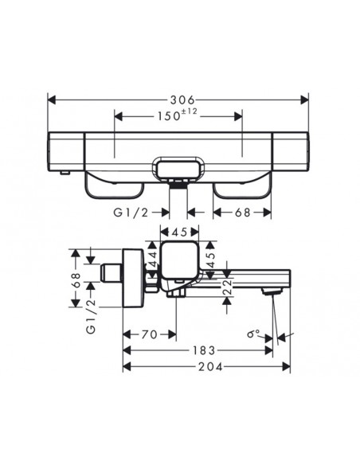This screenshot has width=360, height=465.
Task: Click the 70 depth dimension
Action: point(148,335)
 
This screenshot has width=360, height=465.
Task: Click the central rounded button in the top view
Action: point(179,169)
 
